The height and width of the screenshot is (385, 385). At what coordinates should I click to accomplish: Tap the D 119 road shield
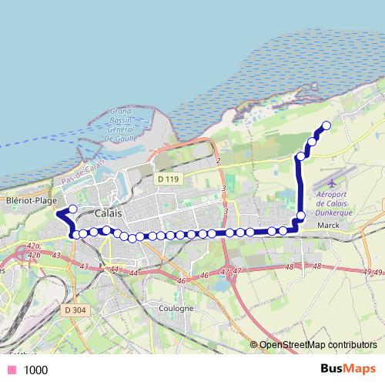click(x=167, y=179)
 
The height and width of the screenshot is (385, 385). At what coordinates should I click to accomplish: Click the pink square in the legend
click(x=11, y=370)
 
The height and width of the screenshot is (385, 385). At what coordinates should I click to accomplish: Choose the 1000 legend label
click(x=35, y=370)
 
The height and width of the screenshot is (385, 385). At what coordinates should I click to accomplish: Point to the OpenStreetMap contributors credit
click(x=318, y=345)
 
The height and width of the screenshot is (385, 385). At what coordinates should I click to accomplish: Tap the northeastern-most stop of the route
click(x=326, y=126)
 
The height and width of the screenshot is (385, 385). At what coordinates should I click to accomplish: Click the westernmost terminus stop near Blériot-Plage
click(x=72, y=209)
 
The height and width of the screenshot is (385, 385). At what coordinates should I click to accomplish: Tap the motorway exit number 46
click(x=204, y=276)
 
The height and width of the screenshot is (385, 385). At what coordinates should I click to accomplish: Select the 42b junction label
click(x=33, y=253)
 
